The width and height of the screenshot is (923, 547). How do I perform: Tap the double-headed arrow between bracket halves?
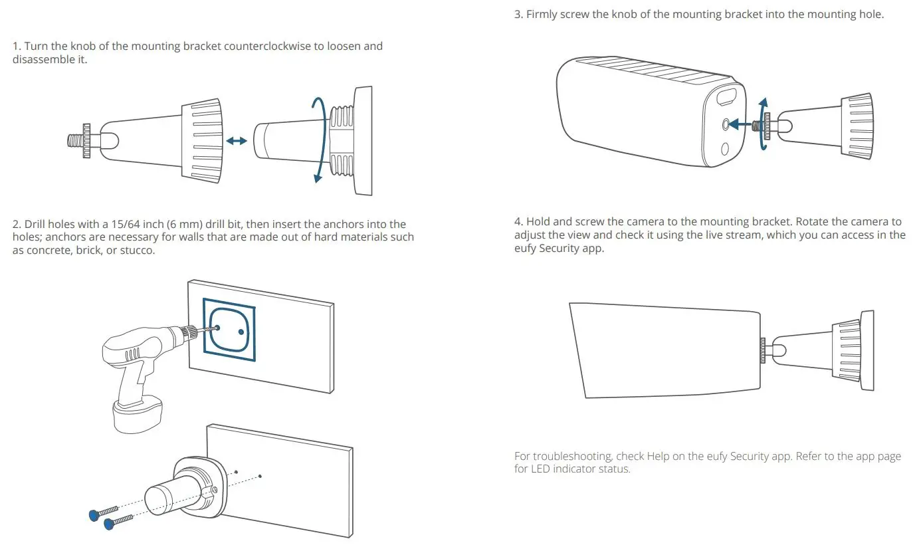pyautogui.click(x=236, y=140)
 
